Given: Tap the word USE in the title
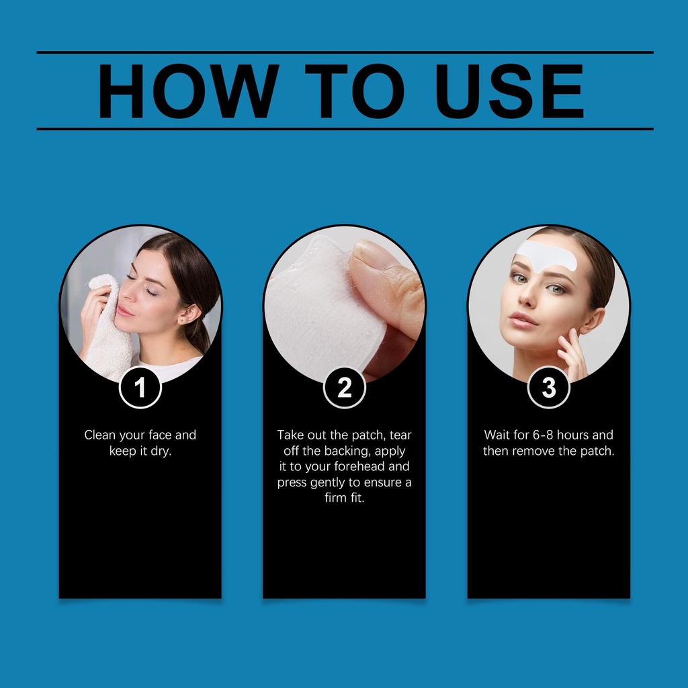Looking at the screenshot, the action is point(509,91).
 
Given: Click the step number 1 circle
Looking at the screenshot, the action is point(140,388).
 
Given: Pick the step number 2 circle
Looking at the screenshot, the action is point(345,388).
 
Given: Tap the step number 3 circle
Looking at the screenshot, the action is point(548,388).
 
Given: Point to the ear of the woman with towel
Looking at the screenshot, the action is point(189,314).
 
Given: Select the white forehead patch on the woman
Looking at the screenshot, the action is point(546,255).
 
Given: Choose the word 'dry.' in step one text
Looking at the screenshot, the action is point(161,451).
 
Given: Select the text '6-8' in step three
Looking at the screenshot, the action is point(543,435).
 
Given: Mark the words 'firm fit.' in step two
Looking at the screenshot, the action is point(345,498).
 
